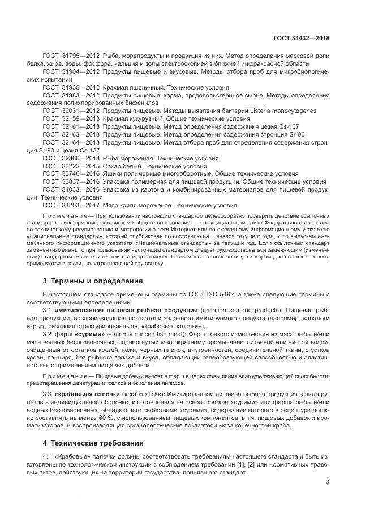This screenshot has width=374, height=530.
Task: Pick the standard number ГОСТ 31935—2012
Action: pyautogui.click(x=71, y=88)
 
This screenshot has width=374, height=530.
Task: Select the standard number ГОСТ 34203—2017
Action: pyautogui.click(x=71, y=205)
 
